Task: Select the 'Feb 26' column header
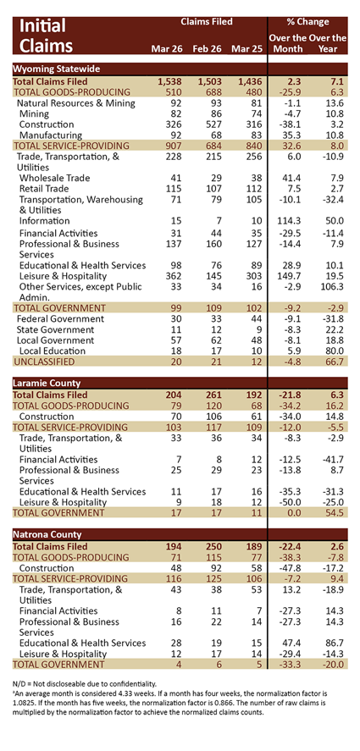pos(206,48)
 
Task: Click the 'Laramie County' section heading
pos(47,384)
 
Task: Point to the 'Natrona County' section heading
pos(47,534)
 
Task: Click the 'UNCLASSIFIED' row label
pos(44,362)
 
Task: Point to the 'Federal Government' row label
pos(60,319)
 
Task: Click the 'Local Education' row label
pos(52,351)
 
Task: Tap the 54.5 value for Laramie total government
pos(335,513)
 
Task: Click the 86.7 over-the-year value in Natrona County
pos(335,643)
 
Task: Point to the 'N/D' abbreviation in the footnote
pos(19,684)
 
